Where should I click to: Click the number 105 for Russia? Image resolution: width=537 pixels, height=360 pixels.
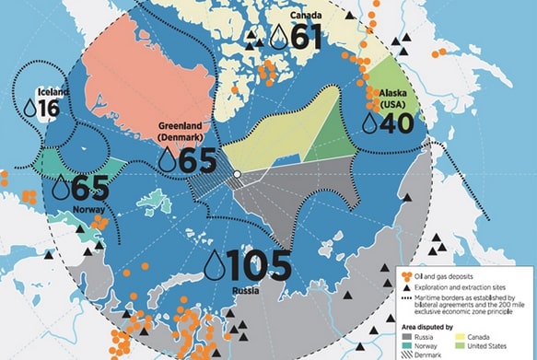(260, 266)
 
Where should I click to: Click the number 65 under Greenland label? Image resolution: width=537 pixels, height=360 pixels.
(198, 159)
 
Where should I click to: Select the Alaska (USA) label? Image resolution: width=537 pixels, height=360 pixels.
(387, 98)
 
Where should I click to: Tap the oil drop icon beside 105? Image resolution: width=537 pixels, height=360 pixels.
(213, 267)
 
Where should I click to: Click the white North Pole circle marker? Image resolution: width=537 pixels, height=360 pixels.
(237, 173)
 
